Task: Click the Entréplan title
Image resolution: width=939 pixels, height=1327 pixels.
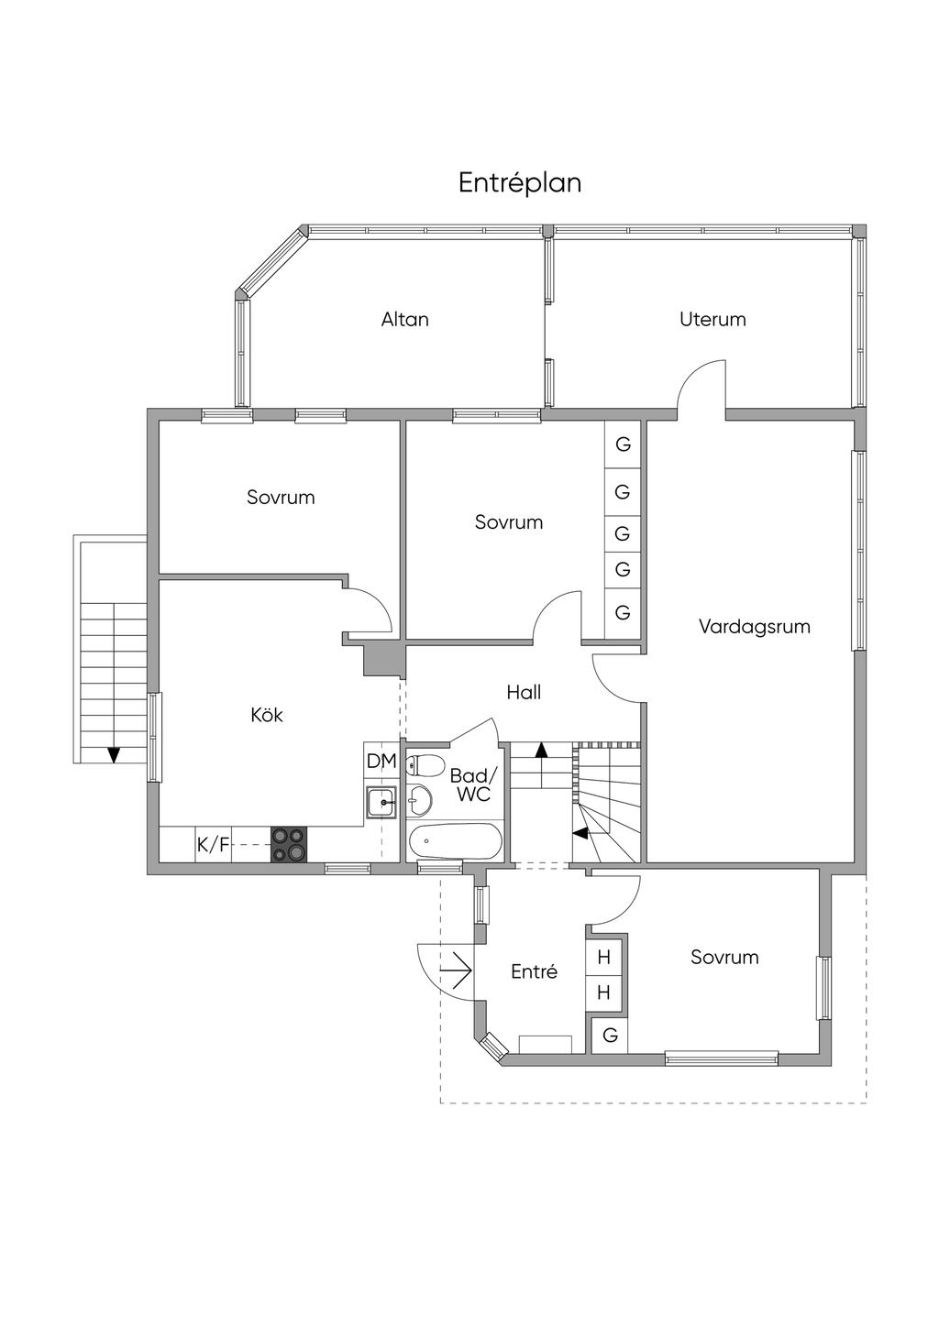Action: pyautogui.click(x=520, y=183)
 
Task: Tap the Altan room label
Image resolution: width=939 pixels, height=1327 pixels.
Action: pyautogui.click(x=405, y=320)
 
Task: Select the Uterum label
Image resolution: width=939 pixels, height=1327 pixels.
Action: pyautogui.click(x=713, y=320)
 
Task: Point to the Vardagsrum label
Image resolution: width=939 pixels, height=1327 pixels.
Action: pyautogui.click(x=755, y=628)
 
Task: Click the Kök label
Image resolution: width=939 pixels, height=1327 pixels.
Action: pyautogui.click(x=267, y=715)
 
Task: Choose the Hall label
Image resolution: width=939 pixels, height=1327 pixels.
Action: pyautogui.click(x=524, y=693)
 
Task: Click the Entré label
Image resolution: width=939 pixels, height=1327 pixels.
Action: pyautogui.click(x=534, y=971)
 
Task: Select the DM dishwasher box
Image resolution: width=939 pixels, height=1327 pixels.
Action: pyautogui.click(x=381, y=762)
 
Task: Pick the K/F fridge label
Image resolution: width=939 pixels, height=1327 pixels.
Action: pyautogui.click(x=213, y=845)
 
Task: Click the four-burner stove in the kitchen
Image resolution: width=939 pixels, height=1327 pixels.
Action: pyautogui.click(x=289, y=844)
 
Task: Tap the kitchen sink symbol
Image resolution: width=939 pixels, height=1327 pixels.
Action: pyautogui.click(x=381, y=802)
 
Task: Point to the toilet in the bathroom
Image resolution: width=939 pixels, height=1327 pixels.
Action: pyautogui.click(x=423, y=765)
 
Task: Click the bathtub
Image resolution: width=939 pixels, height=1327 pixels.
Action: pyautogui.click(x=456, y=839)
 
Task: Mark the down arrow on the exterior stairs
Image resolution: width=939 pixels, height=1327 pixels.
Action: pyautogui.click(x=114, y=753)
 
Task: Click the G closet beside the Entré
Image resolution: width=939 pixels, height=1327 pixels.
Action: pyautogui.click(x=610, y=1036)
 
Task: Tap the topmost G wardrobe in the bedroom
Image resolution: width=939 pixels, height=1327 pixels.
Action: pyautogui.click(x=624, y=445)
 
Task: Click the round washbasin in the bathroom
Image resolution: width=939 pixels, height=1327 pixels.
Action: pyautogui.click(x=420, y=800)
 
